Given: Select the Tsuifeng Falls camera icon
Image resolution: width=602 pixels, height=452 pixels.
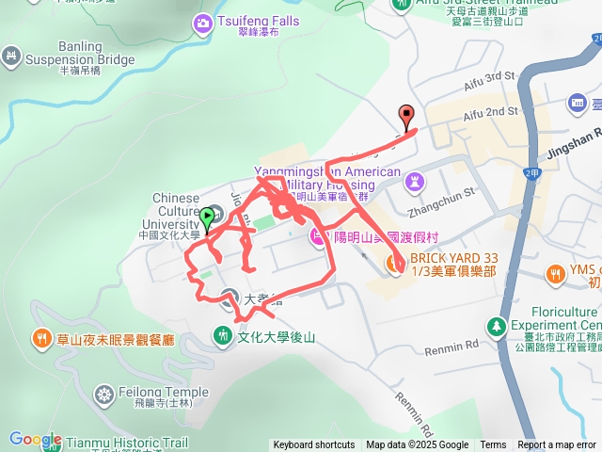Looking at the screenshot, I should point(202,22).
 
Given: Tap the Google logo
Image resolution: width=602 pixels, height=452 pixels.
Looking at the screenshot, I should point(36,440).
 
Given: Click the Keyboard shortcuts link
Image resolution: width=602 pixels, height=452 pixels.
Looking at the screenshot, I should point(314,445).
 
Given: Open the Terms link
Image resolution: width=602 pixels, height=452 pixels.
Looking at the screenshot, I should point(493,445).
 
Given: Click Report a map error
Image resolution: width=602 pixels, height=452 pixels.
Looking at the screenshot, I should point(557,445).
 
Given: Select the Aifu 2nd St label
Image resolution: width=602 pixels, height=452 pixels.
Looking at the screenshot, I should point(489,112).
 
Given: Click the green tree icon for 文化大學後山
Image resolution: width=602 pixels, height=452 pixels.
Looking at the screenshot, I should point(222,334).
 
